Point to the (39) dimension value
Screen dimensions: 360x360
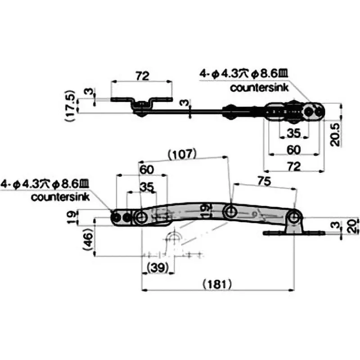(x=158, y=266)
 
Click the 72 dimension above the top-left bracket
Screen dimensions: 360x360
(x=142, y=76)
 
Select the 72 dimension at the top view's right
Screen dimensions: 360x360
(x=293, y=166)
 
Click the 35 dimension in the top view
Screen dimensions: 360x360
(x=293, y=134)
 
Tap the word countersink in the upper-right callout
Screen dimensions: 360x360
(x=258, y=88)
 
